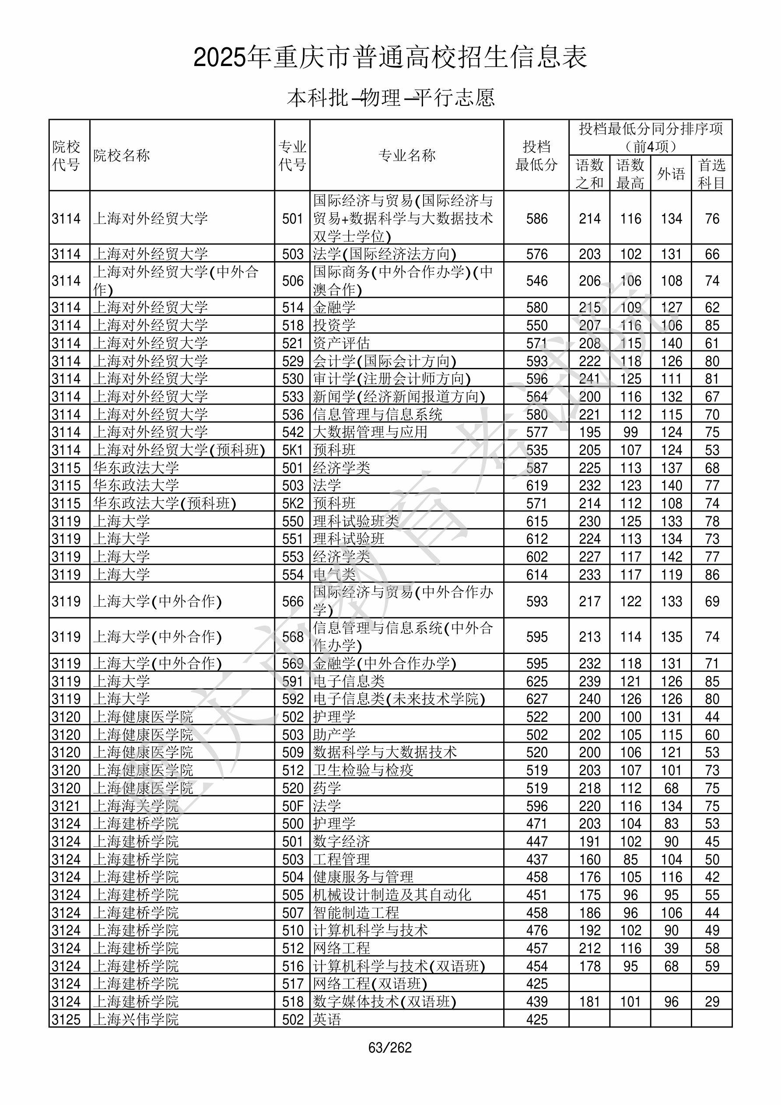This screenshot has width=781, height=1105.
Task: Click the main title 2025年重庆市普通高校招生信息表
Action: [390, 58]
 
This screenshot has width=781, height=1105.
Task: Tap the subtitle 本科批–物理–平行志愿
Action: [390, 98]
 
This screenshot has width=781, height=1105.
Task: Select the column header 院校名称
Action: [122, 155]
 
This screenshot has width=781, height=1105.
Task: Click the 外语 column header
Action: [671, 173]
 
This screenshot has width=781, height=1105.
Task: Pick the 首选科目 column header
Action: [712, 173]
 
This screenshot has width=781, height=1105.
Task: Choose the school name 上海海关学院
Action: [136, 806]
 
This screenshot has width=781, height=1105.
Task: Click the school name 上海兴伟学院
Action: [136, 1019]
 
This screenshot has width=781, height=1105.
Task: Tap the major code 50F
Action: [293, 806]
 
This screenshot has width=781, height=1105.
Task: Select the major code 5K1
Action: [293, 450]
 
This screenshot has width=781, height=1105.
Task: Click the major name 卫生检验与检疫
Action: [363, 770]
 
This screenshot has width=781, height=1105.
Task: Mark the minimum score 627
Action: [537, 699]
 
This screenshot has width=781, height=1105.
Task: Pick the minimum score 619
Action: [537, 485]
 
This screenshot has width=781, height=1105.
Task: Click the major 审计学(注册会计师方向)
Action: [392, 379]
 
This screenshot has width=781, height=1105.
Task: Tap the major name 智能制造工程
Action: [356, 913]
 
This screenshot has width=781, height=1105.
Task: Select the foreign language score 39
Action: [671, 948]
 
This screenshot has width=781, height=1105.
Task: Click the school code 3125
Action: [67, 1019]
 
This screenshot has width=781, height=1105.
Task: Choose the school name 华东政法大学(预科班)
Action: [165, 504]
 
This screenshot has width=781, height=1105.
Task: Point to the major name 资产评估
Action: [341, 343]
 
